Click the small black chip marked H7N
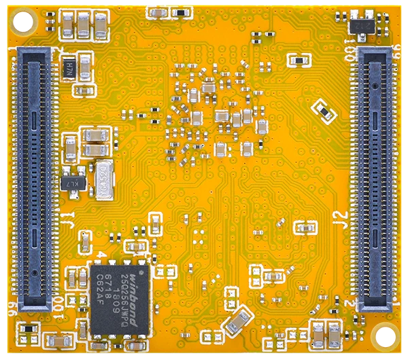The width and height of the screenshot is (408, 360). click(69, 67)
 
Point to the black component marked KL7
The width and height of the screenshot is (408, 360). click(70, 183)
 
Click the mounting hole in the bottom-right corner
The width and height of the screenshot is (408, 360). click(388, 334)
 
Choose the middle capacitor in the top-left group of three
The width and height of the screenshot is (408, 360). click(83, 26)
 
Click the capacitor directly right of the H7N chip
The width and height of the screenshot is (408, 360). click(85, 66)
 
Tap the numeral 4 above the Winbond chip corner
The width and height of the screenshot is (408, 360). click(101, 256)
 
